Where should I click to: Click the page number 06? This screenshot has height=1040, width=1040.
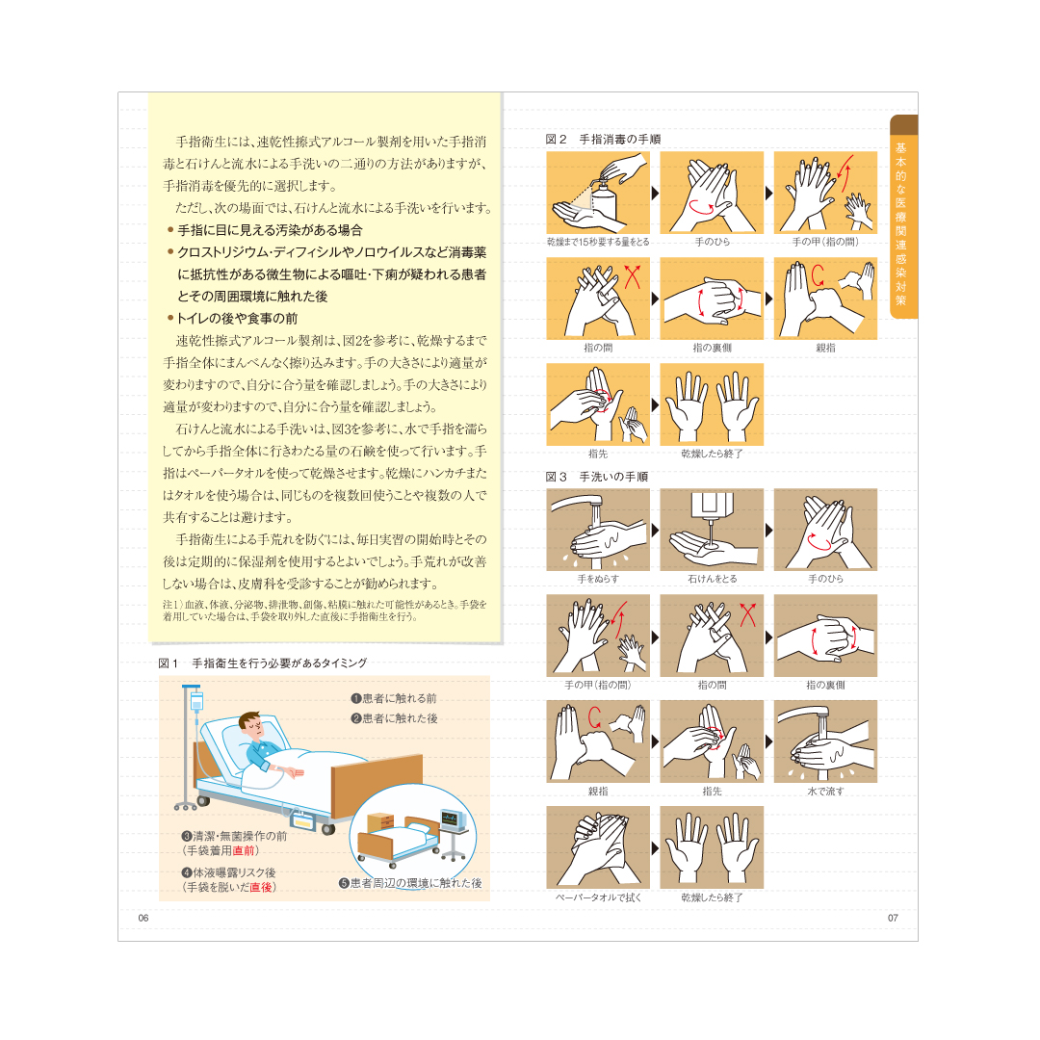(143, 918)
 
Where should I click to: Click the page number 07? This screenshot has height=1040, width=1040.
(893, 918)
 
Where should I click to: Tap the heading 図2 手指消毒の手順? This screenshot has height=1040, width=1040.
(603, 140)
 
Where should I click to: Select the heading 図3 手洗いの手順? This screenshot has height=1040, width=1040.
(596, 477)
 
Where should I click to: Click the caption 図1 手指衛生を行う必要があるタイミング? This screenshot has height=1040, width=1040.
(263, 663)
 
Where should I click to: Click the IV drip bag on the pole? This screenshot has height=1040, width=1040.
(196, 701)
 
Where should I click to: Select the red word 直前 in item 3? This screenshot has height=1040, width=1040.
(244, 850)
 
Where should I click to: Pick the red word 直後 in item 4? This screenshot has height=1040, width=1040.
(261, 887)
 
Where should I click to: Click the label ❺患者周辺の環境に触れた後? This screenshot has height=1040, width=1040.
(410, 883)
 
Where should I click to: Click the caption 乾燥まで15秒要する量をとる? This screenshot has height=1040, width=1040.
(598, 242)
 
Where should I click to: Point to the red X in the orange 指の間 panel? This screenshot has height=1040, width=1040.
(632, 276)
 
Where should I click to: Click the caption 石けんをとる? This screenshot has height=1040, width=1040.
(712, 579)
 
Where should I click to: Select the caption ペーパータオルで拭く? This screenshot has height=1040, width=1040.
(598, 897)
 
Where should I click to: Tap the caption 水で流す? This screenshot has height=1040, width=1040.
(825, 792)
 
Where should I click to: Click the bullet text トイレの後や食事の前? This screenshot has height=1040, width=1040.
(237, 319)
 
